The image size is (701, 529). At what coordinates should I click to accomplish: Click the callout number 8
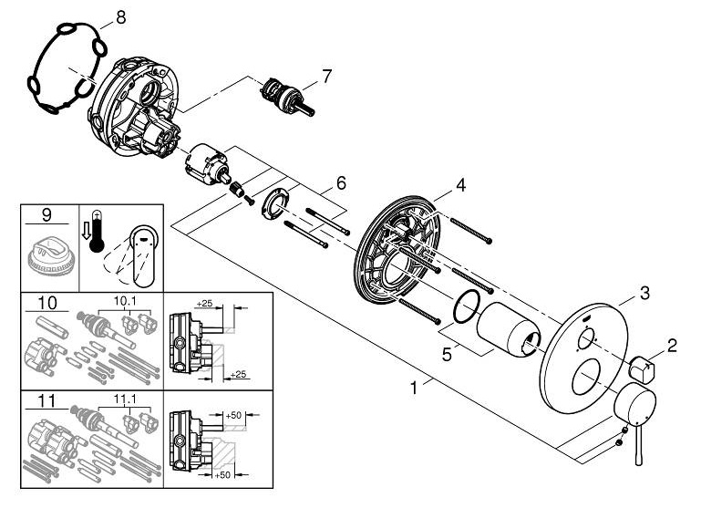click(120, 17)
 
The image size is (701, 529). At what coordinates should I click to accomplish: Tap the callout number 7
click(327, 76)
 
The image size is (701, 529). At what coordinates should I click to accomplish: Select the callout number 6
click(341, 183)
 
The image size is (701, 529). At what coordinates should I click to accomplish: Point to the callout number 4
click(460, 184)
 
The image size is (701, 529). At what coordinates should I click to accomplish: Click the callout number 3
click(644, 294)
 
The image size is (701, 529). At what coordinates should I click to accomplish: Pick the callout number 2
click(672, 345)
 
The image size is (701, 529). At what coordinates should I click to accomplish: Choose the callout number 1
click(414, 388)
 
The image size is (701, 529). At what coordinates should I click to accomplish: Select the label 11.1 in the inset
click(126, 399)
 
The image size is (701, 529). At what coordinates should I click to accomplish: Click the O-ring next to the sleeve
click(467, 306)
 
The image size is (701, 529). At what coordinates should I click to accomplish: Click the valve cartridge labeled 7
click(287, 97)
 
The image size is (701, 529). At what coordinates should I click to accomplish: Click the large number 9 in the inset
click(46, 215)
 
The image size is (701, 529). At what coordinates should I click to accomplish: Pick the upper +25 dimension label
click(204, 304)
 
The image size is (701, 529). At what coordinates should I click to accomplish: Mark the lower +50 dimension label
click(222, 475)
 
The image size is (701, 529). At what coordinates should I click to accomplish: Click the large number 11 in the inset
click(46, 400)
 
